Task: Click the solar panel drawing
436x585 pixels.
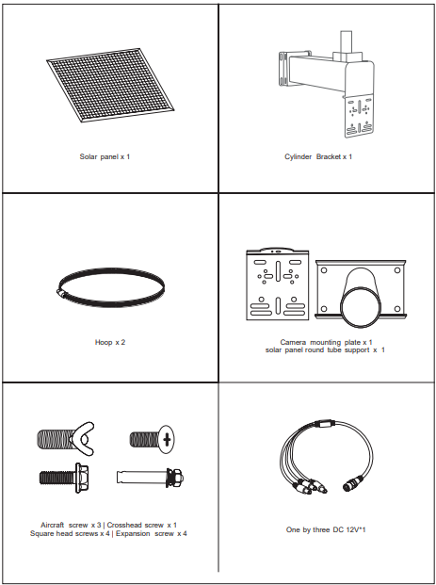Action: tap(111, 85)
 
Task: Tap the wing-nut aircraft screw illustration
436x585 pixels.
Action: tap(66, 439)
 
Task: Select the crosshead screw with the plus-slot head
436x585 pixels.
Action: tap(153, 439)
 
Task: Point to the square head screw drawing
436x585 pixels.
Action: tap(66, 478)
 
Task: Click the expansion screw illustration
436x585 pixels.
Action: tap(150, 478)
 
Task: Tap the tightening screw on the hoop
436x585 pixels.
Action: tap(62, 294)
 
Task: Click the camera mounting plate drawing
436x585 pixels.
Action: tap(278, 284)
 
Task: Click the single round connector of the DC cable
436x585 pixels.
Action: tap(351, 487)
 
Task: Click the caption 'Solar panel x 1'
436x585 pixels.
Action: tap(105, 156)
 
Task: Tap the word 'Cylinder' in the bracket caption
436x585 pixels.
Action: tap(298, 156)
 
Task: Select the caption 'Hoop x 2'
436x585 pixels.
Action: tap(110, 342)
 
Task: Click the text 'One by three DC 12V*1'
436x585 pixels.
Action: tap(326, 529)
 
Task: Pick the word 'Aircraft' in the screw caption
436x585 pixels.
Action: tap(52, 525)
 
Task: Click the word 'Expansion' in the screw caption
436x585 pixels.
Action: tap(133, 533)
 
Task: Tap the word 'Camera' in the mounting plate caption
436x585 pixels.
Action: tap(293, 342)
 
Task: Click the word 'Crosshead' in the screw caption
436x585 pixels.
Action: tap(125, 525)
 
